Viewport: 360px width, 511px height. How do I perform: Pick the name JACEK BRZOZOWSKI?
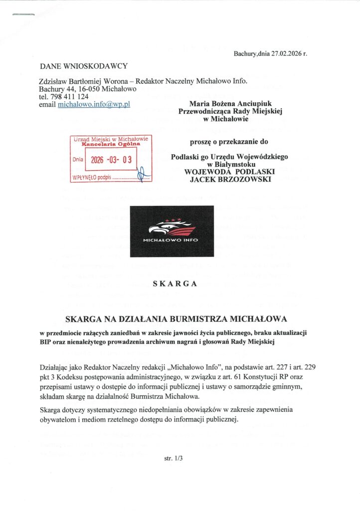[230, 179]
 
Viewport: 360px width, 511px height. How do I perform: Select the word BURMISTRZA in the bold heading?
[184, 318]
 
